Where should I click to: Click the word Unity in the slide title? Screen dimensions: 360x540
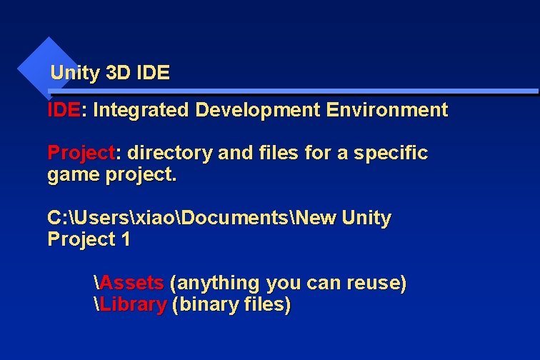75,73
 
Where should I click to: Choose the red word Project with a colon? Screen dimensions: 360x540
81,153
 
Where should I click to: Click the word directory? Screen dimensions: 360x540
162,153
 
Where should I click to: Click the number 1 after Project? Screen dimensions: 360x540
126,240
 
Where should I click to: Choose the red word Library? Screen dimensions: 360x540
133,305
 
